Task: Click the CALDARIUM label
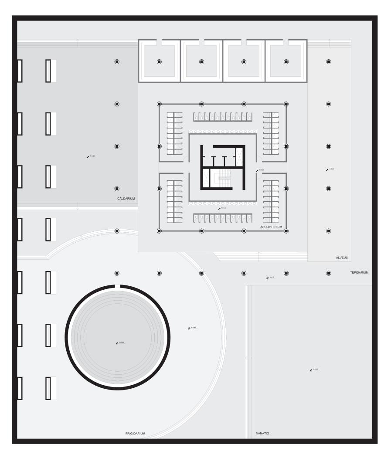[126, 199]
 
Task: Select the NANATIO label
[262, 434]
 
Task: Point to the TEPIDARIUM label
[359, 273]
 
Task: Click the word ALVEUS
[342, 258]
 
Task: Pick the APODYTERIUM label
[271, 227]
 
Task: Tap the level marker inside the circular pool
[117, 343]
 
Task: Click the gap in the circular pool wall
[117, 286]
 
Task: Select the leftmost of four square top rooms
[159, 61]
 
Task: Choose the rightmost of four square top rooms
[286, 61]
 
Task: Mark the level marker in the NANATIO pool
[311, 370]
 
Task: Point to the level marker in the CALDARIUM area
[88, 157]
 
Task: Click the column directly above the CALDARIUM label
[117, 189]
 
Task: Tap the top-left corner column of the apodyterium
[159, 104]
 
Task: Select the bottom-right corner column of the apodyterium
[286, 231]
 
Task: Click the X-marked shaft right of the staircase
[239, 154]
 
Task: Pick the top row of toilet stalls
[223, 116]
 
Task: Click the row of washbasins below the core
[223, 203]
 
